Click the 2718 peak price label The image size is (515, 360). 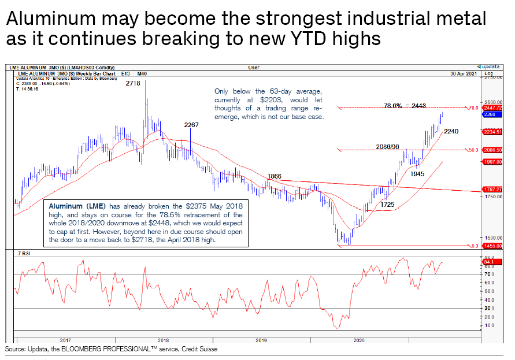134,84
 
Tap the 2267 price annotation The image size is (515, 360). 191,125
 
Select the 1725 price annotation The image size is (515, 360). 388,205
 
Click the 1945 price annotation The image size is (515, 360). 418,173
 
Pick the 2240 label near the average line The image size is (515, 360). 451,132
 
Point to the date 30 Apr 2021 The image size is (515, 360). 464,74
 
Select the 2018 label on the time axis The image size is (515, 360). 163,340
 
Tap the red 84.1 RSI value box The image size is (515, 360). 489,262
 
